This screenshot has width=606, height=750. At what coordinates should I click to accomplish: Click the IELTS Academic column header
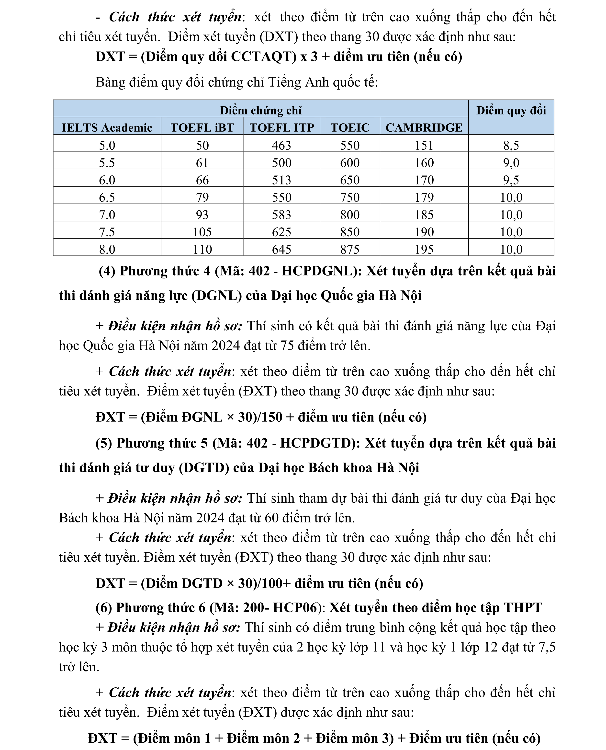click(x=107, y=127)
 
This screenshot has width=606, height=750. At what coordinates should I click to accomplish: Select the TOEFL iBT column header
click(x=202, y=127)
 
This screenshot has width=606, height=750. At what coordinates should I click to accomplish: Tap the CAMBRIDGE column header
click(x=424, y=127)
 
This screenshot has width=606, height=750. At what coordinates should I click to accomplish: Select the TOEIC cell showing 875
click(x=350, y=249)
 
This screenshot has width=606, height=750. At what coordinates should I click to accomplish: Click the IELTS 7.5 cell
click(x=107, y=232)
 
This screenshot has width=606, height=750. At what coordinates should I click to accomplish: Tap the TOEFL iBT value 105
click(x=202, y=232)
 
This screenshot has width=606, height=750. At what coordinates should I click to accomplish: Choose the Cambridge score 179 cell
click(x=424, y=197)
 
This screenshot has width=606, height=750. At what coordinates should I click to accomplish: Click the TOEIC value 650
click(x=350, y=180)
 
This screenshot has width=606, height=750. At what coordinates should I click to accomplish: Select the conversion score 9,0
click(x=511, y=163)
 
